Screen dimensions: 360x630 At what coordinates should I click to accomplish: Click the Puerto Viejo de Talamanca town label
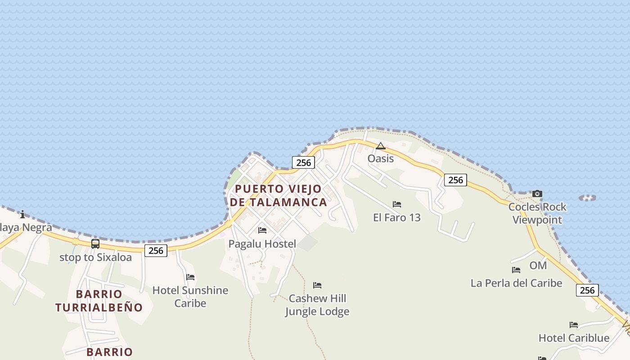(278, 195)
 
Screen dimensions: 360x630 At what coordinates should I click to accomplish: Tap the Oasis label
(381, 158)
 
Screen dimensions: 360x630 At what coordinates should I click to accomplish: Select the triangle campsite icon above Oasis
(381, 146)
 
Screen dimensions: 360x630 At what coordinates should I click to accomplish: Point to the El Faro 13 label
(397, 217)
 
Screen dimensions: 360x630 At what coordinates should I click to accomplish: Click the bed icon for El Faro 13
(397, 204)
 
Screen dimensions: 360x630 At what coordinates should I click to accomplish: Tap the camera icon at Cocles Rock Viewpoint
(537, 194)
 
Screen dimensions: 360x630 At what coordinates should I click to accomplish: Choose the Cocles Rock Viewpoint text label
(537, 213)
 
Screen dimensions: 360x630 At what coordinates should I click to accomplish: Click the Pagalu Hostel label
(262, 244)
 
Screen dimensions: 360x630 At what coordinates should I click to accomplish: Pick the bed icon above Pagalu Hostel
(262, 230)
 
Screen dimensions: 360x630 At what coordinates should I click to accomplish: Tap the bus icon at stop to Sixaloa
(95, 244)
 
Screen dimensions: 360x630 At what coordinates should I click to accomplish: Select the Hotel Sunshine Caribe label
(190, 297)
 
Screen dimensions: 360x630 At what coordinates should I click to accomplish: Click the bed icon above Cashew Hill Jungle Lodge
(317, 285)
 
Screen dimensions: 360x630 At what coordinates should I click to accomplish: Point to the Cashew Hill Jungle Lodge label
(317, 305)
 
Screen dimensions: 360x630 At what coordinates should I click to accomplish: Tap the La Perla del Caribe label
(517, 283)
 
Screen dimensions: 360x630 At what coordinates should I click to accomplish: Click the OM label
(538, 265)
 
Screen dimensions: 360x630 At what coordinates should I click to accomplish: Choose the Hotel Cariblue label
(574, 338)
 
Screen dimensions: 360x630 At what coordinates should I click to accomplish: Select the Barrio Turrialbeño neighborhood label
(99, 301)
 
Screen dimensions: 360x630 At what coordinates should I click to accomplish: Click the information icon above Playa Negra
(22, 215)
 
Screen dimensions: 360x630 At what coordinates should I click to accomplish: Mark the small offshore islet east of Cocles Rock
(587, 198)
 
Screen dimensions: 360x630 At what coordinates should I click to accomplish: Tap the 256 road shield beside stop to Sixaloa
(156, 251)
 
